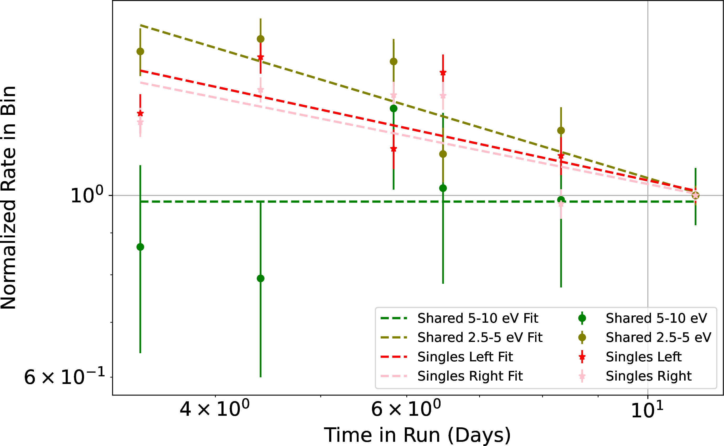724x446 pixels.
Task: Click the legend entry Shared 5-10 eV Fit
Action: pyautogui.click(x=478, y=318)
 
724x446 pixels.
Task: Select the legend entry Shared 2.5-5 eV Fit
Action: pyautogui.click(x=480, y=337)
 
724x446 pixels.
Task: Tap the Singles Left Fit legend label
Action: pyautogui.click(x=465, y=357)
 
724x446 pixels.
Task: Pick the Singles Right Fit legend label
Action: pyautogui.click(x=470, y=376)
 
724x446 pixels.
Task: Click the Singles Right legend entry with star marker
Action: pyautogui.click(x=648, y=376)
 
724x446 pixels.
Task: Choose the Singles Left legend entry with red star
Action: pyautogui.click(x=643, y=357)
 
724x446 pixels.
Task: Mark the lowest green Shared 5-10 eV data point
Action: pyautogui.click(x=261, y=279)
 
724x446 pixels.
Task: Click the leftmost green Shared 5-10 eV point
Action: pyautogui.click(x=140, y=247)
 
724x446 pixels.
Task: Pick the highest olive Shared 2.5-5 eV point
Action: pyautogui.click(x=261, y=39)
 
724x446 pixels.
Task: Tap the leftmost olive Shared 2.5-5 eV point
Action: pyautogui.click(x=140, y=51)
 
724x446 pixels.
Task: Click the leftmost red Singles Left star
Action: pyautogui.click(x=140, y=113)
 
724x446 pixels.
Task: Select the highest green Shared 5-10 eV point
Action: pyautogui.click(x=394, y=109)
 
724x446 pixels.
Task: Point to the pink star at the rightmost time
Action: pyautogui.click(x=695, y=195)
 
